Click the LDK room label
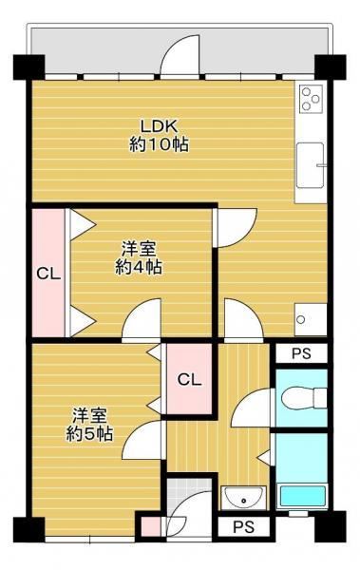[159, 126]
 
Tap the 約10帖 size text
[159, 144]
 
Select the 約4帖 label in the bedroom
[139, 268]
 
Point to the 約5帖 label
[89, 433]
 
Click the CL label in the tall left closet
[48, 274]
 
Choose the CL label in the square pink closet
[189, 379]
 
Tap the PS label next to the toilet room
[301, 353]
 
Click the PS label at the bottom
[243, 526]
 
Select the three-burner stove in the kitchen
[312, 98]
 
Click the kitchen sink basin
[310, 165]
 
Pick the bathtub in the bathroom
[303, 496]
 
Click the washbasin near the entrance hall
[243, 498]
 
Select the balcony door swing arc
[180, 54]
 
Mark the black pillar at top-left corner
[29, 66]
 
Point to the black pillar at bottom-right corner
[331, 526]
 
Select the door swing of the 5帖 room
[142, 440]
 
